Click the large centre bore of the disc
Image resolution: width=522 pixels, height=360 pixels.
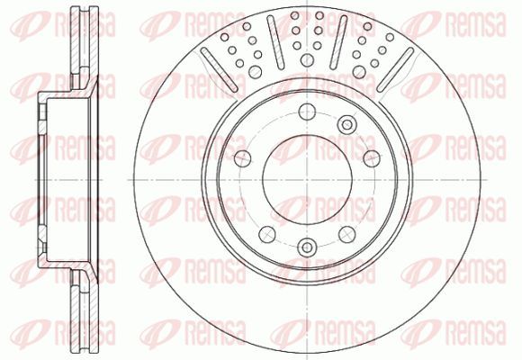307,179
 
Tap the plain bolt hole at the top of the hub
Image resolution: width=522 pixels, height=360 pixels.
307,112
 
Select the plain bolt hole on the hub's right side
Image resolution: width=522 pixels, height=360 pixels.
372,158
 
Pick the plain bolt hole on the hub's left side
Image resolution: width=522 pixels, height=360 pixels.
243,158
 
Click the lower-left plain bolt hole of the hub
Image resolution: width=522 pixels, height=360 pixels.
267,234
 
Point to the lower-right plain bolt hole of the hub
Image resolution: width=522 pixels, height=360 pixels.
346,234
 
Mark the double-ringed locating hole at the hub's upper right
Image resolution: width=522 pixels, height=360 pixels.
346,125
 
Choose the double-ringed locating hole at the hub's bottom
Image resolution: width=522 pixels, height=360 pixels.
307,247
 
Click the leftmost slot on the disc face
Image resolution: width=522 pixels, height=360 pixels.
219,69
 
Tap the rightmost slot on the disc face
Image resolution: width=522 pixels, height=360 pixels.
395,69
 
